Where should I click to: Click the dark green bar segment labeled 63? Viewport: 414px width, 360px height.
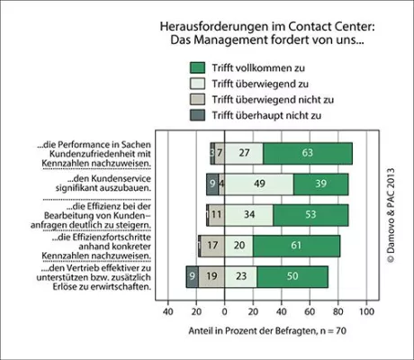point(308,154)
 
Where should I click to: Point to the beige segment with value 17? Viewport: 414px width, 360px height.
point(211,246)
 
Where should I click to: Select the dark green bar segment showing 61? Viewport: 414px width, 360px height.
point(296,246)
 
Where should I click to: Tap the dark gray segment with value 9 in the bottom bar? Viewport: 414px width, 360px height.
point(192,277)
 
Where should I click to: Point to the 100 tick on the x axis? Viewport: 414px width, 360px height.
point(366,312)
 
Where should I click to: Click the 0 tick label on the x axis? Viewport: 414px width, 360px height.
point(224,312)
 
